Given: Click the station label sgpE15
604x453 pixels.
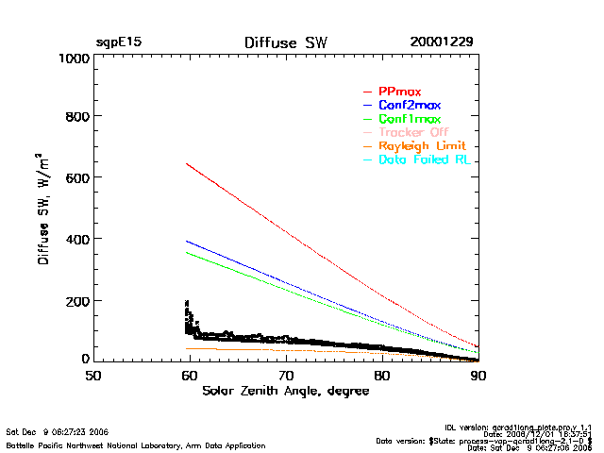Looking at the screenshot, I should [119, 42].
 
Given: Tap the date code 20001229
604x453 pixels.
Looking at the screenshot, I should [442, 42].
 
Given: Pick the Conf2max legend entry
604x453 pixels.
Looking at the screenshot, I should [409, 105].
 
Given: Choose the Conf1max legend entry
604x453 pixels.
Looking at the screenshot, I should [409, 119].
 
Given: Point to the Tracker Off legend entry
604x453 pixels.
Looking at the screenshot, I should [413, 132].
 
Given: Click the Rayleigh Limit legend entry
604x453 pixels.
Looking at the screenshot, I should [422, 146].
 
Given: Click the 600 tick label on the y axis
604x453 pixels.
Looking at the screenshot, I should [76, 178].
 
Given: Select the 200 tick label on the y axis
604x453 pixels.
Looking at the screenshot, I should [76, 301].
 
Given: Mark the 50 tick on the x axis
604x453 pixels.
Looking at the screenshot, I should [93, 376].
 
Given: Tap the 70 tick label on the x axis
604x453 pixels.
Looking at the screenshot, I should [286, 376].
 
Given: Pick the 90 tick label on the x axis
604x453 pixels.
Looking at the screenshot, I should [478, 376].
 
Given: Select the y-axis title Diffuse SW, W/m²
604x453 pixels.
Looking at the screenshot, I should [44, 209].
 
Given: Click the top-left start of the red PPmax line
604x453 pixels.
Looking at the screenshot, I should [187, 163].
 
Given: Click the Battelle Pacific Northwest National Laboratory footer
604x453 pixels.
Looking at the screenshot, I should [136, 445].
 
